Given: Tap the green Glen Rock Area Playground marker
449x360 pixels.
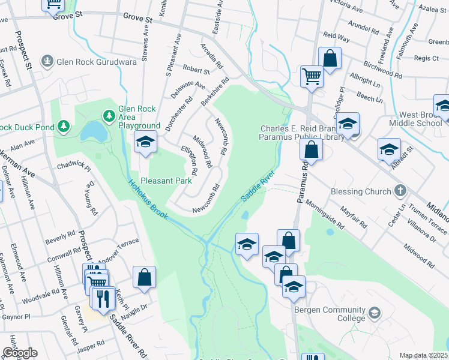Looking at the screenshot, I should [x=109, y=114].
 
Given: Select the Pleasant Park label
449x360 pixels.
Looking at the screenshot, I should [x=166, y=180].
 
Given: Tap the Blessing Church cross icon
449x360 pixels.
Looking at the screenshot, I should [x=401, y=191].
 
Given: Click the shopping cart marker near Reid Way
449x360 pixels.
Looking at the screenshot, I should [x=312, y=76].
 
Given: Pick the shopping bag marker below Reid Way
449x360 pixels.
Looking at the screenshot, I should [x=330, y=59].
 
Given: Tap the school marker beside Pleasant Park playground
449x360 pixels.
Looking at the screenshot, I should [x=145, y=142].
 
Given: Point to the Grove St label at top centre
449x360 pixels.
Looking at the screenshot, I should [x=138, y=19].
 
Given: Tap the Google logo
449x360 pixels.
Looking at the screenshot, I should [x=20, y=353].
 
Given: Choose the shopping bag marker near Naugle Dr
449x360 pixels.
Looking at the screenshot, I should [x=144, y=277].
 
